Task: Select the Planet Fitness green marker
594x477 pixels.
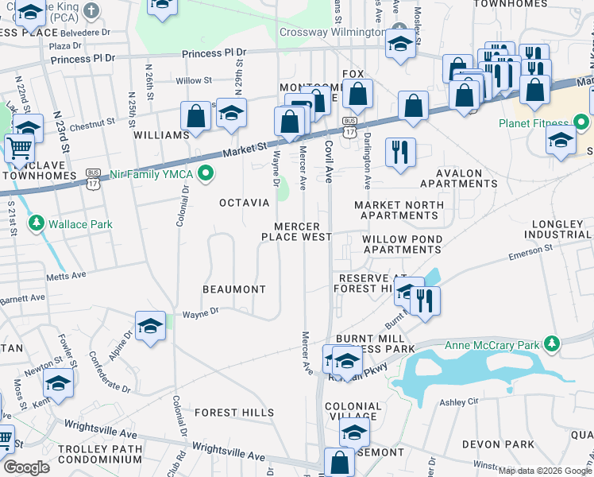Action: click(583, 123)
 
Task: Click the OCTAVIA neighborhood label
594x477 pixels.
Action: click(245, 203)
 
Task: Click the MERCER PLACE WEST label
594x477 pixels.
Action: click(296, 231)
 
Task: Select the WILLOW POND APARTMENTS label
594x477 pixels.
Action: click(401, 244)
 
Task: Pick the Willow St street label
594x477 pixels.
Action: click(195, 80)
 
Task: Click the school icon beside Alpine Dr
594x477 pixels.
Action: click(151, 326)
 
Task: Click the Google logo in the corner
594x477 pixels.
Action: click(26, 467)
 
